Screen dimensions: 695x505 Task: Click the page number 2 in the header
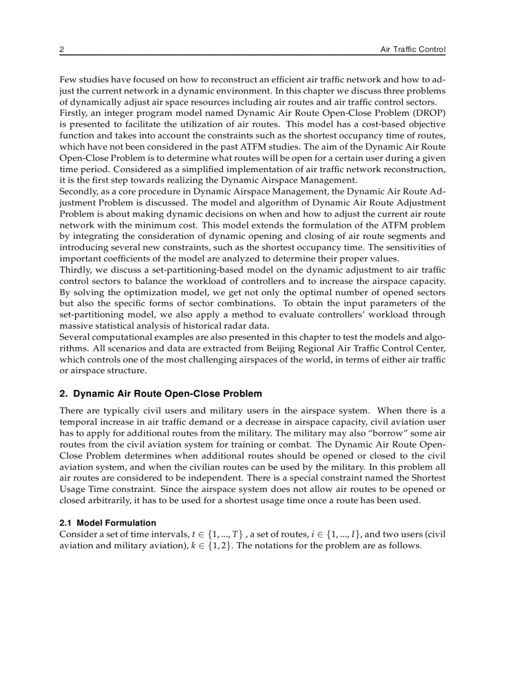coord(62,50)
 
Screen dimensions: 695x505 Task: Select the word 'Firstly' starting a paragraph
coord(73,114)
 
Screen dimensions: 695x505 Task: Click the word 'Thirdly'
coord(74,270)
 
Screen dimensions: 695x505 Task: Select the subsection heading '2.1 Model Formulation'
coord(108,523)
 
